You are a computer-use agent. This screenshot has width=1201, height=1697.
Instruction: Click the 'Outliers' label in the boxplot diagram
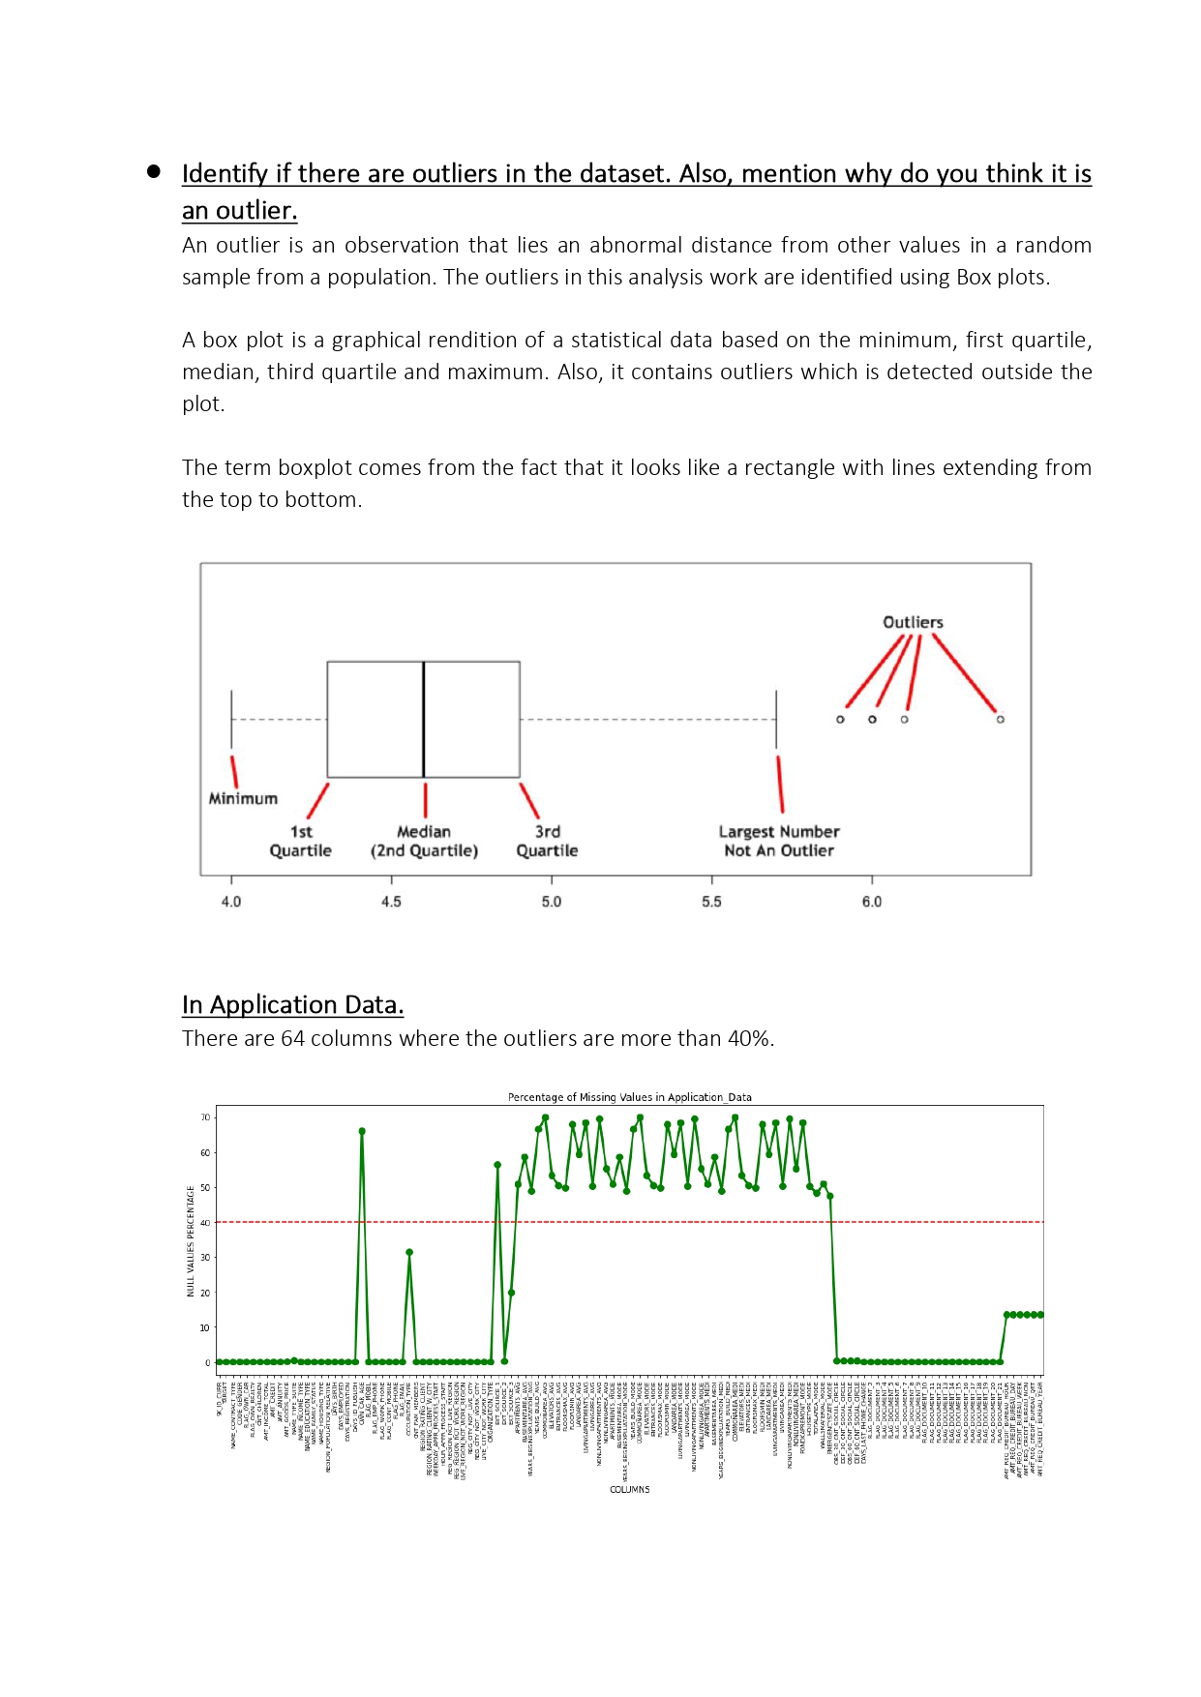tap(912, 622)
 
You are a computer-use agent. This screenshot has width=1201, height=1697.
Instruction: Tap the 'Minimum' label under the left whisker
tap(243, 798)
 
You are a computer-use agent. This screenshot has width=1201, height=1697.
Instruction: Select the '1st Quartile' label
tap(300, 841)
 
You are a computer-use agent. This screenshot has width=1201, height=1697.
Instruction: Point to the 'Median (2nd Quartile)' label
tap(424, 841)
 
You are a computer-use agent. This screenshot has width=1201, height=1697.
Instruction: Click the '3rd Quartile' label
tap(547, 841)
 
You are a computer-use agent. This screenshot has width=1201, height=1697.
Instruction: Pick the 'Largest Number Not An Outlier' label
tap(779, 841)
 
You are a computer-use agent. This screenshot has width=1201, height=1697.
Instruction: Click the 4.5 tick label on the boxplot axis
tap(391, 902)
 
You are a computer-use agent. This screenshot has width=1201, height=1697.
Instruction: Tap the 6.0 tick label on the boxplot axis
tap(872, 902)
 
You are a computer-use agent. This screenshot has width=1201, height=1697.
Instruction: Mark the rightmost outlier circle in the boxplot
tap(1000, 719)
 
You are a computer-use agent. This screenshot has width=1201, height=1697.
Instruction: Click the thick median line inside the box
tap(424, 719)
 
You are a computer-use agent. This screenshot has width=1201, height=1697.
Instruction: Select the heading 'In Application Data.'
tap(292, 1005)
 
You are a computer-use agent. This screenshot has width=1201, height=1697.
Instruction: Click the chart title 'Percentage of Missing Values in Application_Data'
tap(629, 1097)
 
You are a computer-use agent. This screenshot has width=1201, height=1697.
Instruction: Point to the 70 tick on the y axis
tap(205, 1117)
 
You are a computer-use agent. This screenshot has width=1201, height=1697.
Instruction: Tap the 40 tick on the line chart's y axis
tap(205, 1223)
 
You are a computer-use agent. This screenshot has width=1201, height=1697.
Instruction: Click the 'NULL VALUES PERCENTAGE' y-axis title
tap(191, 1240)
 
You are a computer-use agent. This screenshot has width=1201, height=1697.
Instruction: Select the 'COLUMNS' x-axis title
tap(629, 1490)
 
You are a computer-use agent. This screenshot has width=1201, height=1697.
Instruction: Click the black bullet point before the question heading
tap(154, 172)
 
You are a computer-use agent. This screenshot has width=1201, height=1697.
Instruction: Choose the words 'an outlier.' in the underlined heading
tap(239, 211)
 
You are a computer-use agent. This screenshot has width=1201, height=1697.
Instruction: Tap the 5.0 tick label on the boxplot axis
tap(552, 902)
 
